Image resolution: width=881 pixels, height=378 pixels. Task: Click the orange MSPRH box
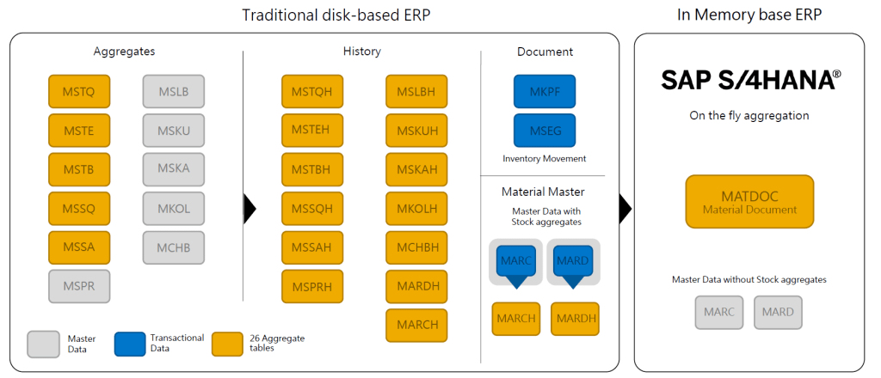pyautogui.click(x=311, y=285)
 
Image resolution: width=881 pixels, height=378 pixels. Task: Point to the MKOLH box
pyautogui.click(x=417, y=208)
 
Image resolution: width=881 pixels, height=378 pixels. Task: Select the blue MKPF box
pyautogui.click(x=544, y=91)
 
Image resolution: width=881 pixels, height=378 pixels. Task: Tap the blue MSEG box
pyautogui.click(x=544, y=131)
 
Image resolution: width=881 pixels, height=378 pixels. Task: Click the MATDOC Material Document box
pyautogui.click(x=749, y=202)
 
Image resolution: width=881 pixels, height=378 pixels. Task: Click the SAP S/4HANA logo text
pyautogui.click(x=749, y=80)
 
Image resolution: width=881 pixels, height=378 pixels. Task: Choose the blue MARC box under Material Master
pyautogui.click(x=515, y=261)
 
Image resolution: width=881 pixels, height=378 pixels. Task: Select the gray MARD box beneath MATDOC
pyautogui.click(x=779, y=313)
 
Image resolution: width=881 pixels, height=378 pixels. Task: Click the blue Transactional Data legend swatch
pyautogui.click(x=130, y=344)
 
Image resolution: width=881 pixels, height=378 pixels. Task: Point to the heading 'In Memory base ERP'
pyautogui.click(x=749, y=15)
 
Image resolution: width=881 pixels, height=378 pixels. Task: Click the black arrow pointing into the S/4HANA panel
pyautogui.click(x=625, y=207)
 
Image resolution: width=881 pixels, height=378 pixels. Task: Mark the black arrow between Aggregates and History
pyautogui.click(x=250, y=207)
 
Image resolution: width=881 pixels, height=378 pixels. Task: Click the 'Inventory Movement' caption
pyautogui.click(x=544, y=159)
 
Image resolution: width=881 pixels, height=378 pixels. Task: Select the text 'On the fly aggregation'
pyautogui.click(x=749, y=115)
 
